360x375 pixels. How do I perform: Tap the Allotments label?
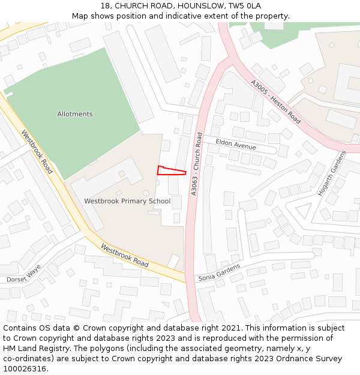tap(75, 114)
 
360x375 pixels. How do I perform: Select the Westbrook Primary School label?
tap(127, 201)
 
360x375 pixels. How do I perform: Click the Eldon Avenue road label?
tap(236, 145)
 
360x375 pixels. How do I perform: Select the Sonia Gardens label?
tap(219, 272)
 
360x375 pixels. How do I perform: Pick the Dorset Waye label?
tap(23, 274)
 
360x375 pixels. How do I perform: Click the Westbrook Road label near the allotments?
tap(37, 152)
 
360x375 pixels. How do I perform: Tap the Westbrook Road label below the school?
tap(124, 255)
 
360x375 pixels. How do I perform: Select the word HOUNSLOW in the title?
tap(195, 5)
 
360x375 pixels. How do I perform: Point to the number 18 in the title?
tap(105, 5)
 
